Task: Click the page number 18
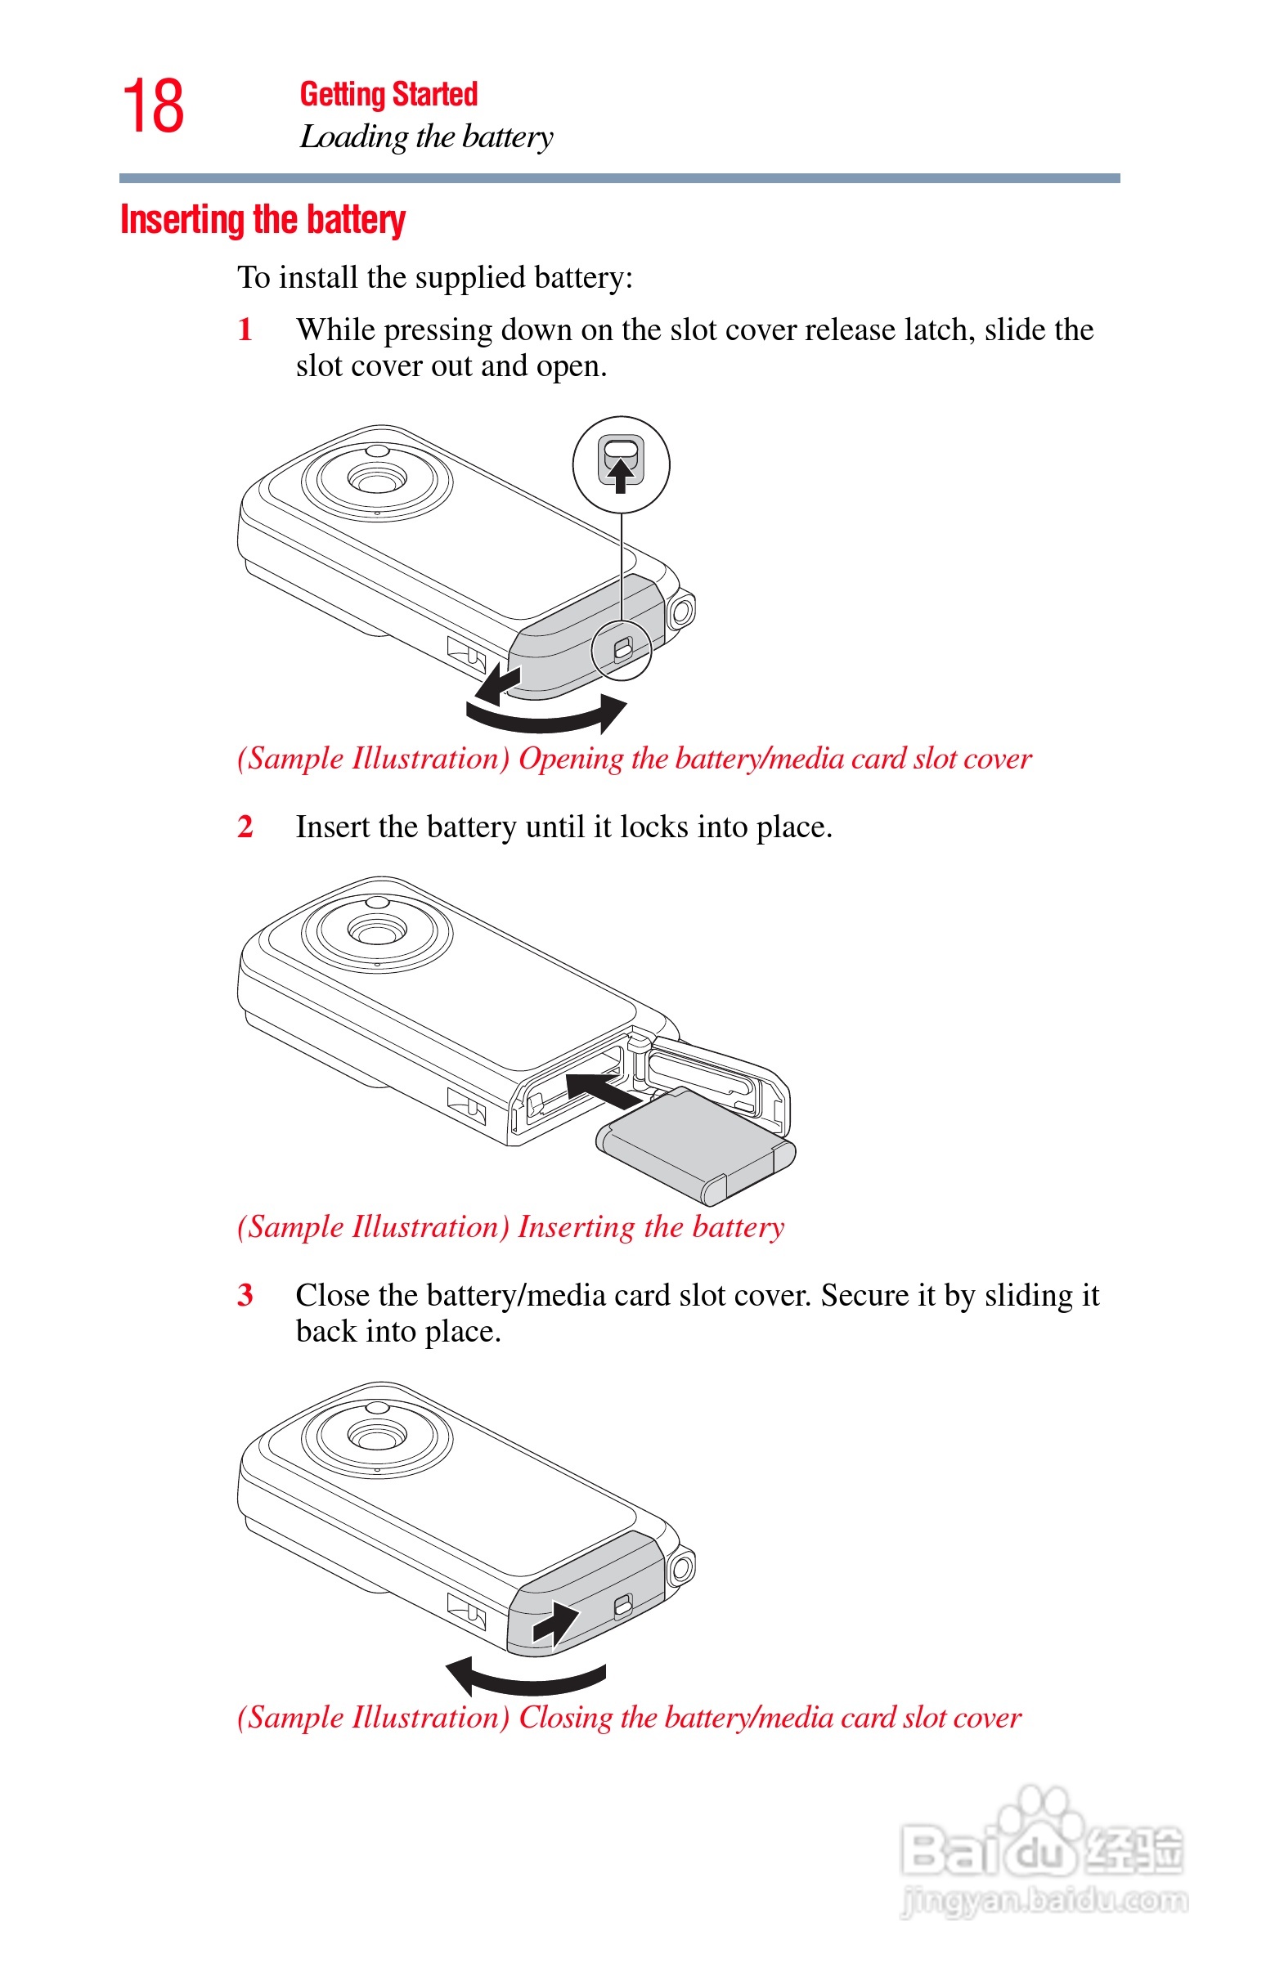click(x=154, y=106)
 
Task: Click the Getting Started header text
click(x=388, y=95)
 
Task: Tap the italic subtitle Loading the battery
click(x=426, y=137)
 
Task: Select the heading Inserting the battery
click(x=263, y=220)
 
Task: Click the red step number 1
click(x=245, y=329)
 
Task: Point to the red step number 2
click(x=245, y=827)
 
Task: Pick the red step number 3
click(x=245, y=1295)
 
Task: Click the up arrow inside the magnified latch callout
click(x=621, y=474)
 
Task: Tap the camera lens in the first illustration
click(x=376, y=479)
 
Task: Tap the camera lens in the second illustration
click(x=376, y=931)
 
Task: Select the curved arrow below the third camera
click(x=526, y=1676)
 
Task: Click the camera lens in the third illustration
click(x=376, y=1436)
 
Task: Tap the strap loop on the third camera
click(x=681, y=1568)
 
